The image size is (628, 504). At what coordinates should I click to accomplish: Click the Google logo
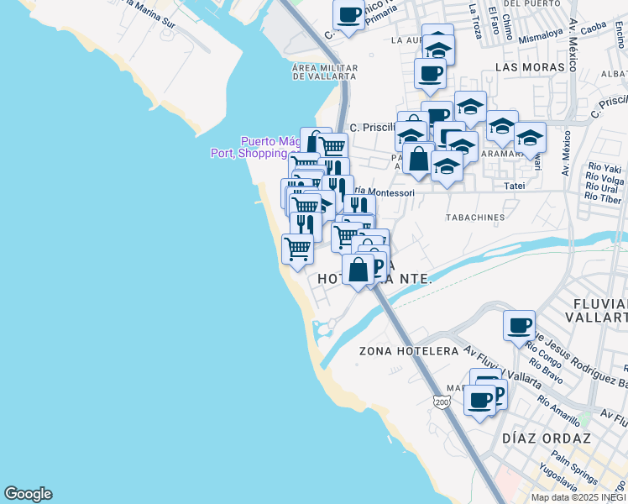pyautogui.click(x=28, y=494)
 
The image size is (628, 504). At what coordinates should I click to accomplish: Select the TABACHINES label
pyautogui.click(x=475, y=217)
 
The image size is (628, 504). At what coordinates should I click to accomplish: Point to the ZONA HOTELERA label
pyautogui.click(x=408, y=350)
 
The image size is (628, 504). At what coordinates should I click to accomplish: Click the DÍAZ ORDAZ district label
pyautogui.click(x=546, y=438)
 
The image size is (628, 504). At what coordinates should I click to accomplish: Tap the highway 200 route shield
pyautogui.click(x=442, y=403)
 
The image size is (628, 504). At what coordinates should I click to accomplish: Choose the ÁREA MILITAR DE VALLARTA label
pyautogui.click(x=325, y=72)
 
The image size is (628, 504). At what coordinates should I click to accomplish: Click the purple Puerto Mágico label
pyautogui.click(x=269, y=141)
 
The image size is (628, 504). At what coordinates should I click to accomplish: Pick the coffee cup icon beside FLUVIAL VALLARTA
pyautogui.click(x=520, y=325)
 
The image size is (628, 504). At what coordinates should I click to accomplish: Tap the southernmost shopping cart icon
pyautogui.click(x=297, y=249)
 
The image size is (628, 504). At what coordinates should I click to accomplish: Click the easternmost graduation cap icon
pyautogui.click(x=531, y=137)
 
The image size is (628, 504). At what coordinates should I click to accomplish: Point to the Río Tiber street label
pyautogui.click(x=604, y=198)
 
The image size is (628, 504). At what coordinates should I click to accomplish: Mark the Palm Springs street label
pyautogui.click(x=574, y=468)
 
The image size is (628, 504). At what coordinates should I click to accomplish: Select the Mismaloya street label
pyautogui.click(x=540, y=37)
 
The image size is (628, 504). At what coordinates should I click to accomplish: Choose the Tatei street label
pyautogui.click(x=513, y=185)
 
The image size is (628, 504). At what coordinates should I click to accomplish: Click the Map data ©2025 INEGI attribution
pyautogui.click(x=578, y=497)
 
